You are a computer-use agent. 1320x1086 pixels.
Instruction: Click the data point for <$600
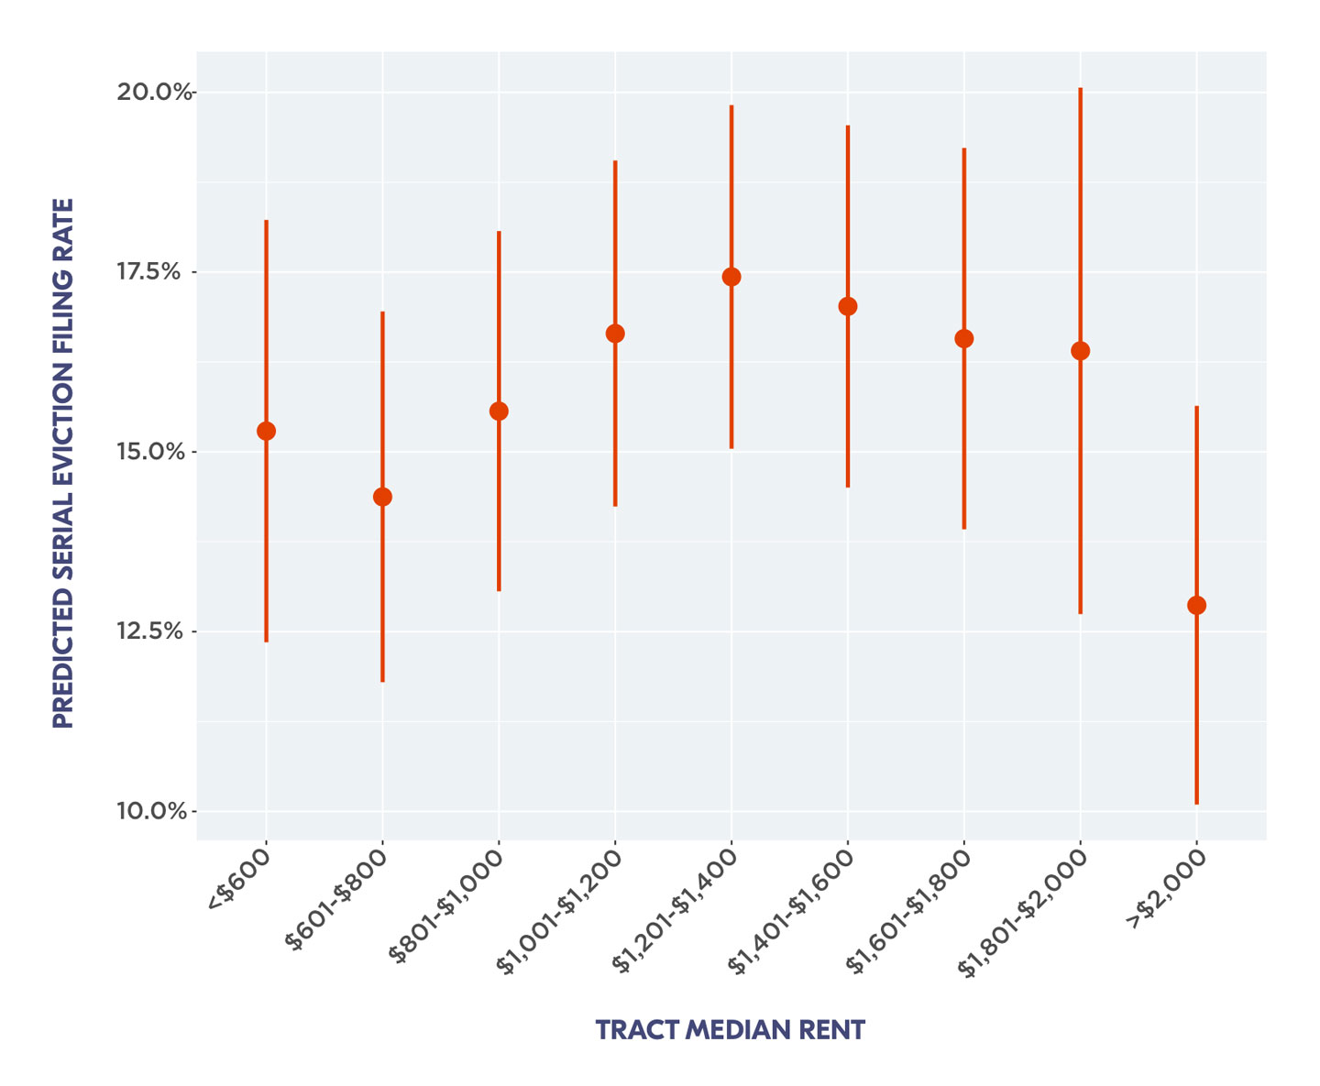(x=266, y=431)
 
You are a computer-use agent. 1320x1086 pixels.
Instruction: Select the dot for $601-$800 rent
(x=382, y=497)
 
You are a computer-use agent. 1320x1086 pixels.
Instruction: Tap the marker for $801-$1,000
(x=499, y=411)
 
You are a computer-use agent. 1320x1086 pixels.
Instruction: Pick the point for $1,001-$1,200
(x=615, y=334)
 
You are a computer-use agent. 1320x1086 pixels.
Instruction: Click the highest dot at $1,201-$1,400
(x=731, y=277)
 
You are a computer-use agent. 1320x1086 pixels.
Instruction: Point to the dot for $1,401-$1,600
(x=848, y=306)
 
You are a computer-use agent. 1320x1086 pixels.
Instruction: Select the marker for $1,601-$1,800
(x=964, y=338)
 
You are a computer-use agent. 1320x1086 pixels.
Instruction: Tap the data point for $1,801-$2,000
(x=1081, y=351)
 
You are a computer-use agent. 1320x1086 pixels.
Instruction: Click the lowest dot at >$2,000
(x=1196, y=605)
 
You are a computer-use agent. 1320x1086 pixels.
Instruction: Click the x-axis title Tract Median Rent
(x=730, y=1030)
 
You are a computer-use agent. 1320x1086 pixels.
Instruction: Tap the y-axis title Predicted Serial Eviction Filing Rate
(x=62, y=463)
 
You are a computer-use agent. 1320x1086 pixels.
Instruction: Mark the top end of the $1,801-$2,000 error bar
(x=1081, y=89)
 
